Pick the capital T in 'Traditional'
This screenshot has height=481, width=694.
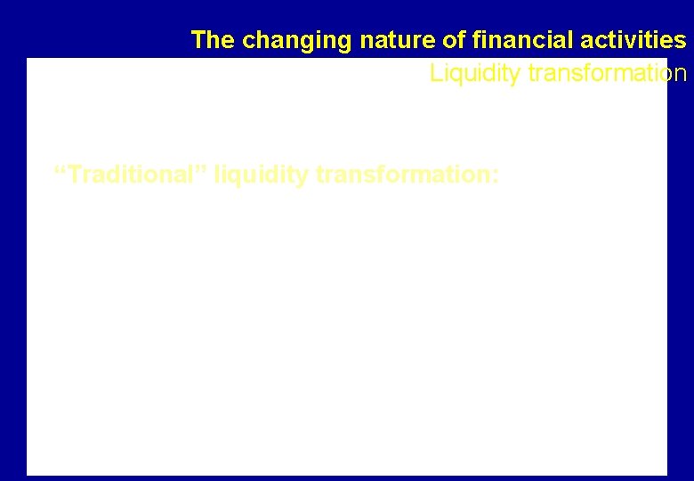pos(75,175)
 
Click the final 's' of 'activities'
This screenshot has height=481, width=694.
pos(681,41)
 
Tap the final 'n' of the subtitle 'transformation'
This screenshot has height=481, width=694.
pos(681,74)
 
